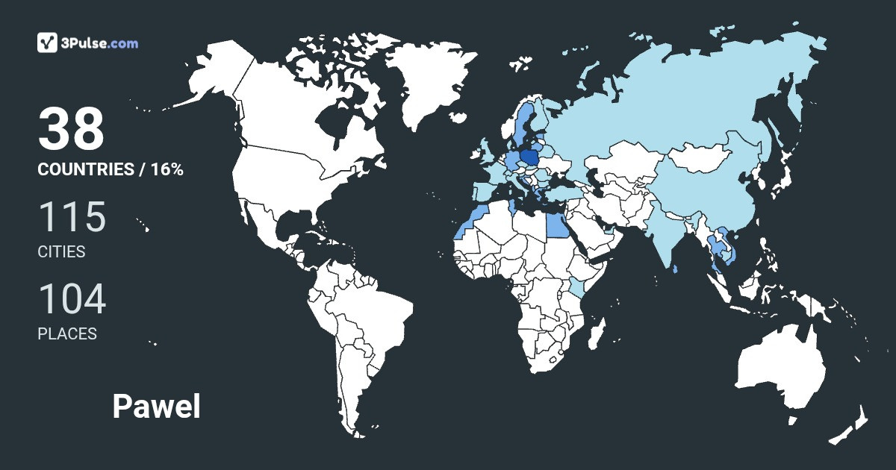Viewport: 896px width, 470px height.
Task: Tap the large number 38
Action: [x=71, y=128]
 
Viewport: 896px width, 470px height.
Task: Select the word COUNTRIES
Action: [x=85, y=169]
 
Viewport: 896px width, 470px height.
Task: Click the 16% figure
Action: [x=167, y=169]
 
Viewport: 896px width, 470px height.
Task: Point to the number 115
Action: [x=72, y=217]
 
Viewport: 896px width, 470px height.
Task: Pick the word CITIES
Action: [x=61, y=252]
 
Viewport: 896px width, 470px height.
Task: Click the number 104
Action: [x=72, y=299]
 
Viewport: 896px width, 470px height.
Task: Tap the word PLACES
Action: [x=67, y=334]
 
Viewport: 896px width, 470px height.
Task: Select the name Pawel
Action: [x=156, y=407]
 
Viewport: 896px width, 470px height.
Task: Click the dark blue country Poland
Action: [x=531, y=158]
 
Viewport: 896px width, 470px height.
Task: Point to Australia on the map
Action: [x=780, y=369]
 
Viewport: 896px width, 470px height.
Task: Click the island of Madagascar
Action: [x=595, y=333]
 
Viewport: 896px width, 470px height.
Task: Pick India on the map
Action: [x=668, y=231]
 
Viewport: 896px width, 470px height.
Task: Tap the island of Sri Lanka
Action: [x=676, y=269]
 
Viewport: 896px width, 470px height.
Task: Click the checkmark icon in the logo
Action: [x=46, y=43]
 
